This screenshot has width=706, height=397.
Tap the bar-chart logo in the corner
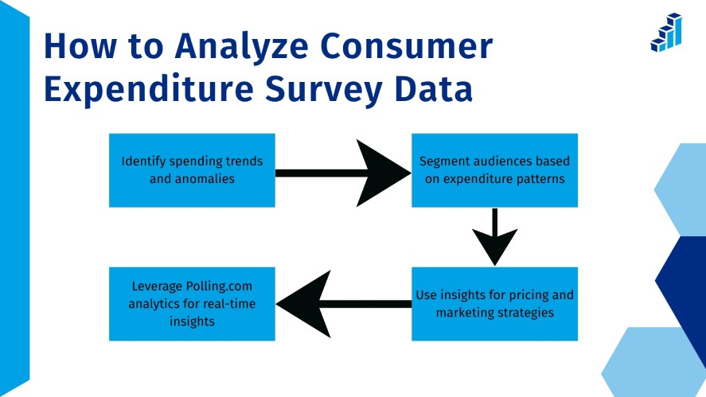pyautogui.click(x=666, y=33)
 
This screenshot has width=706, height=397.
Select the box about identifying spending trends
pyautogui.click(x=192, y=170)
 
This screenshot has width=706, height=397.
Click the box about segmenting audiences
pyautogui.click(x=494, y=170)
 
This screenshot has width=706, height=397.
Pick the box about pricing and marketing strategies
pyautogui.click(x=494, y=303)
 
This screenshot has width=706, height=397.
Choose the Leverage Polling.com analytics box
pyautogui.click(x=192, y=303)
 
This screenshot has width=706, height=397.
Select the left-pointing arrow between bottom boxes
pyautogui.click(x=342, y=303)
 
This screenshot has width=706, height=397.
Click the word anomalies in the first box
pyautogui.click(x=205, y=179)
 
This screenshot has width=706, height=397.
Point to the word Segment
pyautogui.click(x=443, y=161)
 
